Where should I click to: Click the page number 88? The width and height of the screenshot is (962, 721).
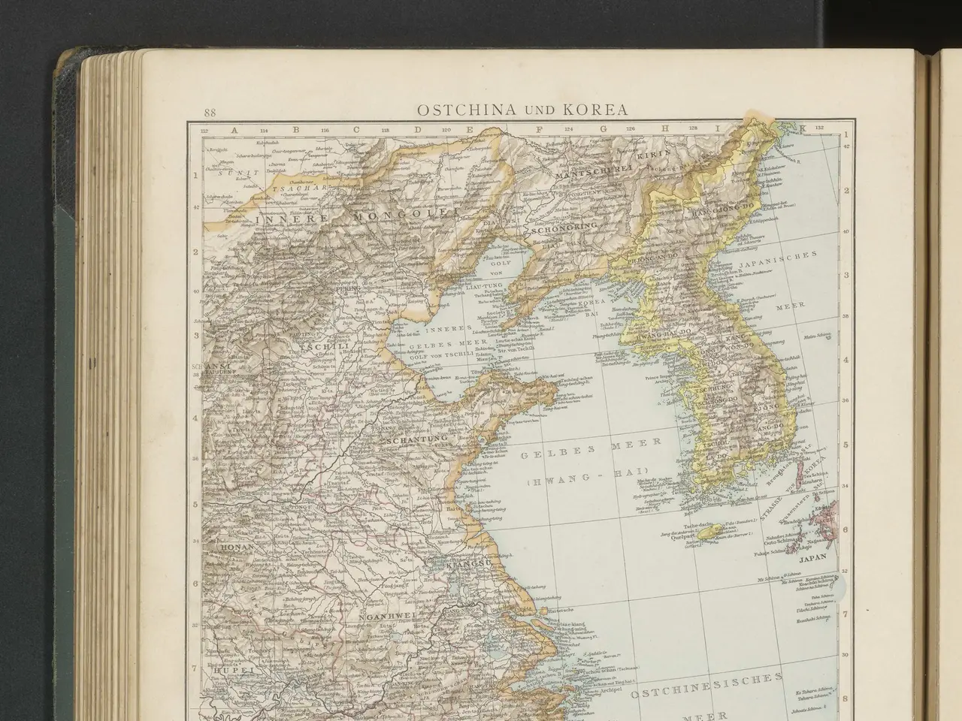click(209, 113)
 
